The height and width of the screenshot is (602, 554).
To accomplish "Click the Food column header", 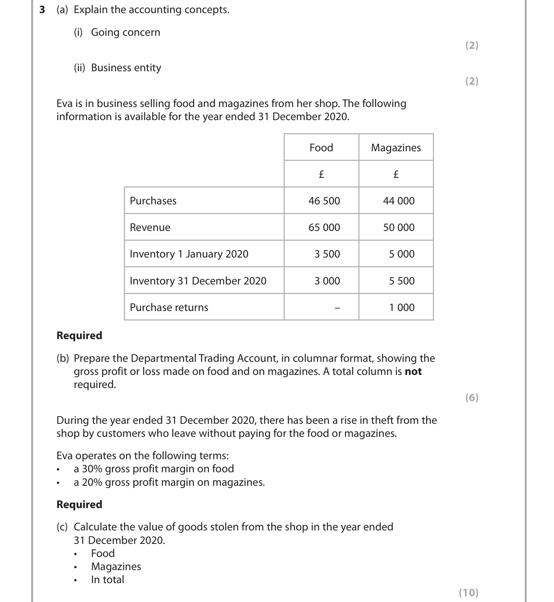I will coord(321,147).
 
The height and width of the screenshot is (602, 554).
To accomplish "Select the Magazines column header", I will coord(396,147).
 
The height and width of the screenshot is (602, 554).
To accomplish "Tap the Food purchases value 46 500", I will coord(324,201).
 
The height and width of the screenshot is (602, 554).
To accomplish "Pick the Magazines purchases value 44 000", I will coord(399,201).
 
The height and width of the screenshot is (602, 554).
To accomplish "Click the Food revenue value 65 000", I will coord(324,227).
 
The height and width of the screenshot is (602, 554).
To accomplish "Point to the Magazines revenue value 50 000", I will coord(399,227).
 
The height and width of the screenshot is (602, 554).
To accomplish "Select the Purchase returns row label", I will coord(169,307).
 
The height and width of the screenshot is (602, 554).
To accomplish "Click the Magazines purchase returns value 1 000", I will coord(402,307).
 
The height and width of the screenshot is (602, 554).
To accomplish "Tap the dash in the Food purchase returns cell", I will coord(337,308).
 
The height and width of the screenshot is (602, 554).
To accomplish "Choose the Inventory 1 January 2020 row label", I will coord(189,254).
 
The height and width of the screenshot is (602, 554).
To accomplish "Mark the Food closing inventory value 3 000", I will coord(327,281).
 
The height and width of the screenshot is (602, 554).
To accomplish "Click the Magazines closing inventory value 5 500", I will coord(402,281).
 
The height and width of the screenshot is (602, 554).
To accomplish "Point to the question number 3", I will coord(42,10).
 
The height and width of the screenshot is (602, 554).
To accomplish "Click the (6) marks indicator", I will coord(472,397).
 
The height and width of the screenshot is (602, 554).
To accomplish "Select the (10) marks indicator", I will coord(468,592).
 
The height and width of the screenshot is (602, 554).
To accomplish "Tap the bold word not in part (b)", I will coord(413,371).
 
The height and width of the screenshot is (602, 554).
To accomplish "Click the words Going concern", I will coord(126,32).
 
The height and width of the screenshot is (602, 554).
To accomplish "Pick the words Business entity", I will coord(126,68).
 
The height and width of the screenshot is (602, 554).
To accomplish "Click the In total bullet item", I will coord(107,579).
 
